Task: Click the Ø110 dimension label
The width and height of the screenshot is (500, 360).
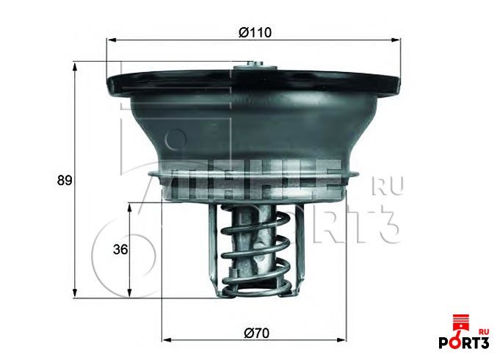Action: coord(253,33)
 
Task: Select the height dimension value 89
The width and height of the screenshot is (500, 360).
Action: coord(65,180)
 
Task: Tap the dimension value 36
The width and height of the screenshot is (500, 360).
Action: coord(120,250)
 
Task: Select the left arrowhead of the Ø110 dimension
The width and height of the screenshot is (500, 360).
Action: coord(110,42)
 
